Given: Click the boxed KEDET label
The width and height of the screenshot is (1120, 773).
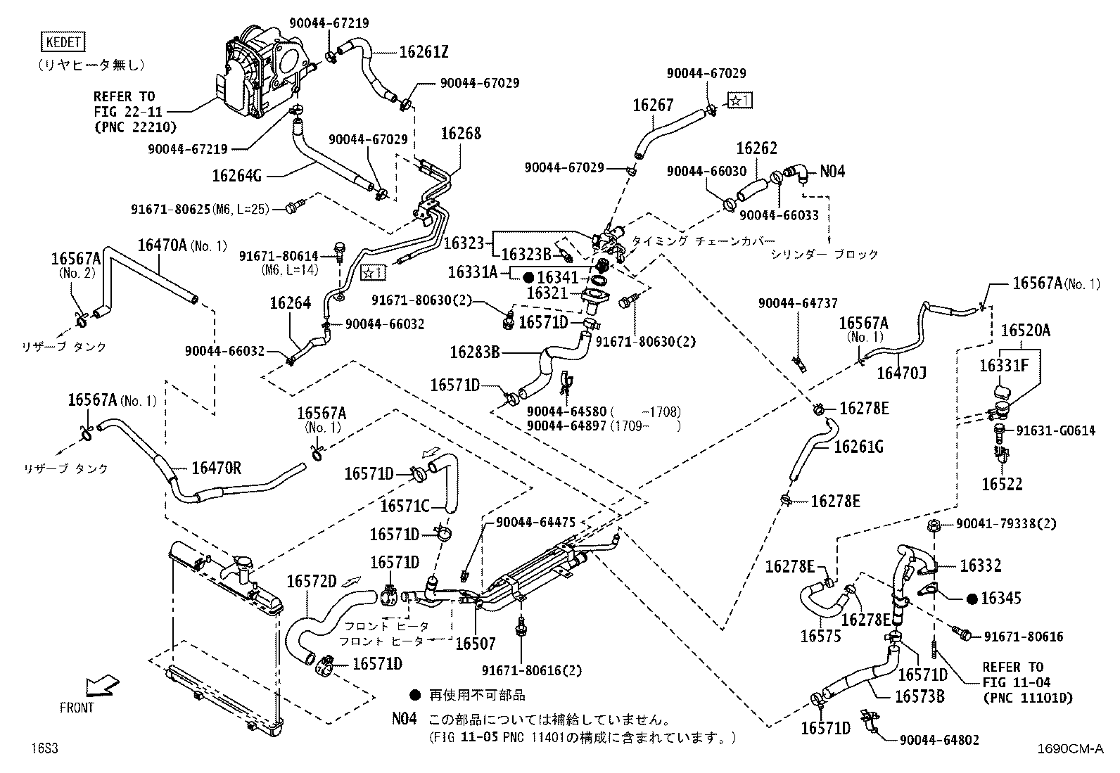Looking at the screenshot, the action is tap(63, 42).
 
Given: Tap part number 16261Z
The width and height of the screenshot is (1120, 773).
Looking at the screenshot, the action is tap(424, 52).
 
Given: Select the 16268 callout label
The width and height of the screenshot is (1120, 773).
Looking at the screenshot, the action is tap(461, 134).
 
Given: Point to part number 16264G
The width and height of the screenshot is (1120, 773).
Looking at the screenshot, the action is tap(236, 176).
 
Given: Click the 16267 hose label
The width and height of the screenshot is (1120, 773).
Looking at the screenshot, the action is tap(653, 105).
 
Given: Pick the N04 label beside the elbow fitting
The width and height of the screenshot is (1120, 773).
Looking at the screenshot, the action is tap(832, 172).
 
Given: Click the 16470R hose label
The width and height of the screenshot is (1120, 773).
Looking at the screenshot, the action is tap(217, 468).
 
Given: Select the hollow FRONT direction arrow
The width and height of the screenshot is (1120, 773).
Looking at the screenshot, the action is tap(102, 686).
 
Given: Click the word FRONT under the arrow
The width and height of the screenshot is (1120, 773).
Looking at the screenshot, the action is tap(77, 708).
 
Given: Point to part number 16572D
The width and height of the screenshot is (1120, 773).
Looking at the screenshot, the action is tap(312, 582).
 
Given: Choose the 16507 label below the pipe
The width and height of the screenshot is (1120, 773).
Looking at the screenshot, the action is tap(475, 644).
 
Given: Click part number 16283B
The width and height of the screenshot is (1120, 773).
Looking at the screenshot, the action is tap(474, 352).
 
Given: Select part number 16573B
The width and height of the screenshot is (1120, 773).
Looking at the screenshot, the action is tap(919, 696).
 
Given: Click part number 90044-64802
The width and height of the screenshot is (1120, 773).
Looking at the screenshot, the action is tap(939, 741).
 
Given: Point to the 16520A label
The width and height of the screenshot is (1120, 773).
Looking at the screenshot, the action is tap(1026, 331).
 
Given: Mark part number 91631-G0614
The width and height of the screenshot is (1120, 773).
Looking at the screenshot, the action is tap(1055, 430).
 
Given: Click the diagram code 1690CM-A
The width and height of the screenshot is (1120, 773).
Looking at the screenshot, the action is tap(1070, 748).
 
